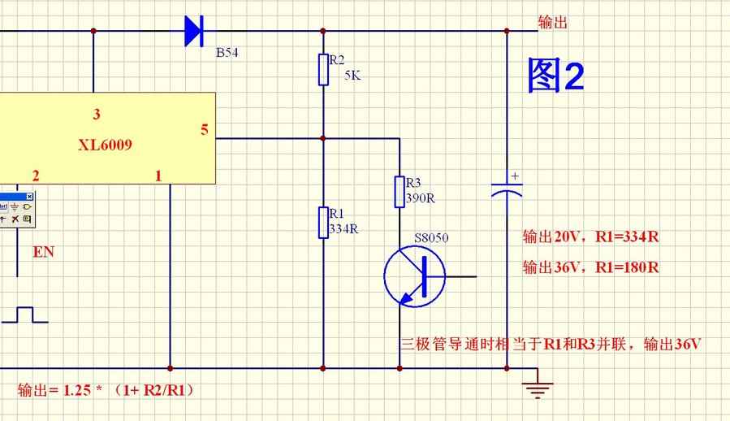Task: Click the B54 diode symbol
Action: (193, 31)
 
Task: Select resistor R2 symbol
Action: (323, 70)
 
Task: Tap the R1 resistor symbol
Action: (323, 223)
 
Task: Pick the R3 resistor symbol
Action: (400, 191)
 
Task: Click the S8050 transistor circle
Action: (414, 276)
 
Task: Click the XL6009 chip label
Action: (106, 145)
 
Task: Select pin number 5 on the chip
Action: (204, 129)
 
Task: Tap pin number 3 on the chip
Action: (96, 115)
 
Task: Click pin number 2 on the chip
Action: (35, 176)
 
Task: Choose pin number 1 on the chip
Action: (158, 176)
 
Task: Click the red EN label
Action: (43, 252)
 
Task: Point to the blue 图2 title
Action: (555, 76)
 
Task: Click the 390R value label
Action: (421, 197)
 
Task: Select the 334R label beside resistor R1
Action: (343, 229)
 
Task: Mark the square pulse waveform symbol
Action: (24, 315)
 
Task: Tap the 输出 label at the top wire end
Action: (553, 22)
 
